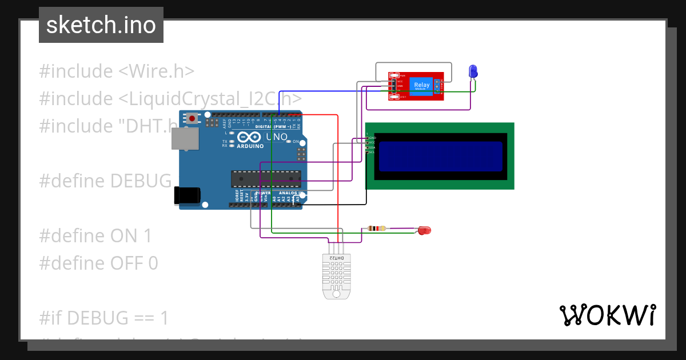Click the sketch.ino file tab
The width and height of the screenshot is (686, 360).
pyautogui.click(x=101, y=25)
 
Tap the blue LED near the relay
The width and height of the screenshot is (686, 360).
pyautogui.click(x=473, y=71)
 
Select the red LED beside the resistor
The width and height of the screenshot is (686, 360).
pyautogui.click(x=424, y=230)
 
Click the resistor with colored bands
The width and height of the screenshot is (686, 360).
pyautogui.click(x=376, y=229)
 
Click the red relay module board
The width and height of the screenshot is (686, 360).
pyautogui.click(x=416, y=86)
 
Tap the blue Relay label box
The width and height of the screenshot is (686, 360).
pyautogui.click(x=422, y=85)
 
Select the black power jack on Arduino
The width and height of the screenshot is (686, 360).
pyautogui.click(x=188, y=195)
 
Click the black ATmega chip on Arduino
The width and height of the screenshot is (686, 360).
pyautogui.click(x=266, y=179)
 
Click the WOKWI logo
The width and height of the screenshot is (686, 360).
pyautogui.click(x=607, y=315)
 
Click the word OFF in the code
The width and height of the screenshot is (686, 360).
pyautogui.click(x=129, y=263)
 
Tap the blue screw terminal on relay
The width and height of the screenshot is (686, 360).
pyautogui.click(x=437, y=86)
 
